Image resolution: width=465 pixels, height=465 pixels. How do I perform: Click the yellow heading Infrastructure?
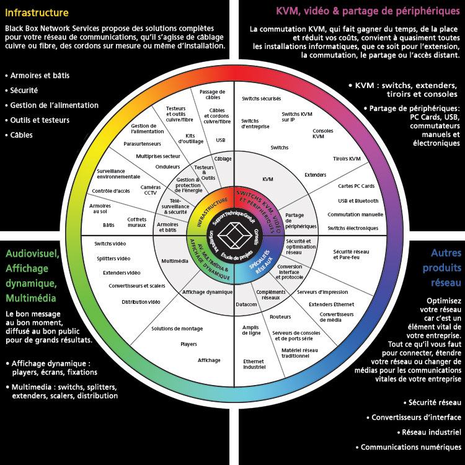tap(37, 12)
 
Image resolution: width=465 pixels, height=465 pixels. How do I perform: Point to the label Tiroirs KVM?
tap(347, 159)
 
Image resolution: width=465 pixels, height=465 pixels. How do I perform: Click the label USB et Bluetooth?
tap(358, 201)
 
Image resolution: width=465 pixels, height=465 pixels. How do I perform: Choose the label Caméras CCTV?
tap(151, 190)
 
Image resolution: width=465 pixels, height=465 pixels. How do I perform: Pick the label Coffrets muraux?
tap(137, 221)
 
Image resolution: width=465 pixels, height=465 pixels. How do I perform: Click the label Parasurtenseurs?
tap(142, 143)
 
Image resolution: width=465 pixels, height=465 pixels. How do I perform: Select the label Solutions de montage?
tap(178, 329)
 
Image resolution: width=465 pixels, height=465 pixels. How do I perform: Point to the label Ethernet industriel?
tap(254, 364)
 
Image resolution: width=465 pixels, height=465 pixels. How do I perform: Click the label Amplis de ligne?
tap(250, 330)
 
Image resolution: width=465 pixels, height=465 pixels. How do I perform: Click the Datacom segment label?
tap(246, 304)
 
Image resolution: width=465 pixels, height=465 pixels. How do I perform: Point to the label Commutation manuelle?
tap(355, 215)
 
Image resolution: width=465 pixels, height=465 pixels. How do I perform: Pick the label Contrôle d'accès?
tap(111, 191)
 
